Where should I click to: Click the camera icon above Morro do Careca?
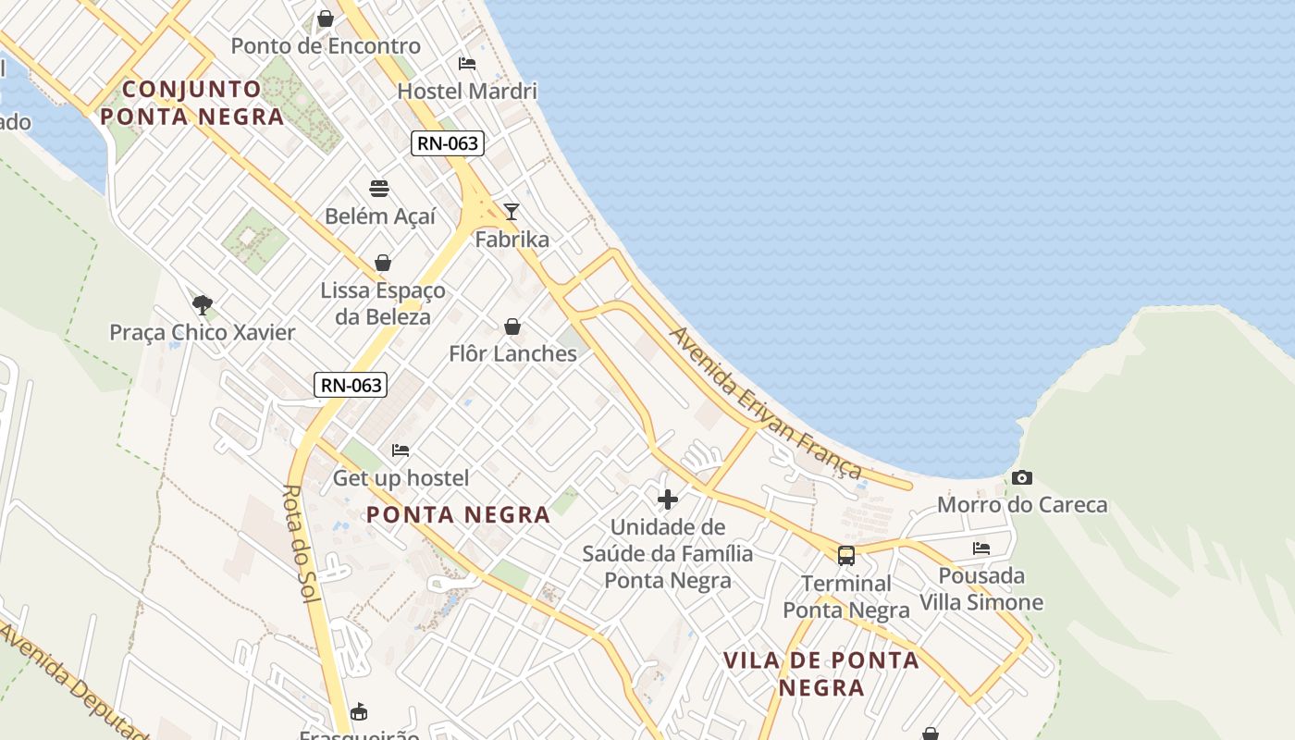(1021, 477)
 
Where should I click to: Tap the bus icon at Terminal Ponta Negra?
(846, 555)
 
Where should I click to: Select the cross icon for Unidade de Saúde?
(667, 500)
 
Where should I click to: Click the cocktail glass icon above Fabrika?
(511, 212)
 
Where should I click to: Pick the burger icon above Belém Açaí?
(379, 189)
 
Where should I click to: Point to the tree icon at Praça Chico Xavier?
(202, 304)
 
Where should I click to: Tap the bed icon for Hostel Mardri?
(467, 64)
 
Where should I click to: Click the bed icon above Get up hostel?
(401, 450)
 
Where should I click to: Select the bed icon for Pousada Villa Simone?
(981, 549)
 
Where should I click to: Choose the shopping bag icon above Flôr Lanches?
(512, 327)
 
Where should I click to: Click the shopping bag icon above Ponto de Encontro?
(326, 18)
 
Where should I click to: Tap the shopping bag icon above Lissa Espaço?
(383, 263)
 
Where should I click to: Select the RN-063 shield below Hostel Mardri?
(448, 143)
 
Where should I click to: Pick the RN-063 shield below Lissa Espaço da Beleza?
(351, 385)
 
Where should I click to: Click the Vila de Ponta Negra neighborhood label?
(821, 673)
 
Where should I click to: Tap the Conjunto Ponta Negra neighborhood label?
(192, 103)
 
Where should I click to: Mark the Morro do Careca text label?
(1022, 505)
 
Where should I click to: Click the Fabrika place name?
(512, 240)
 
